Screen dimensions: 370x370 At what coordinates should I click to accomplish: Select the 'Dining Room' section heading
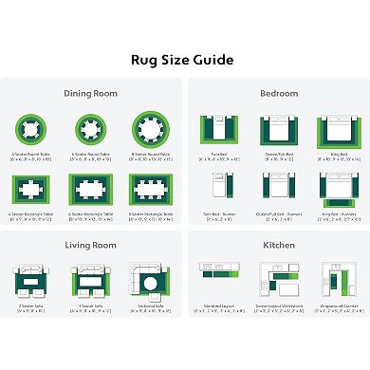(91, 93)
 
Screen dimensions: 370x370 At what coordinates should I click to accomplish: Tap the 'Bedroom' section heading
(279, 93)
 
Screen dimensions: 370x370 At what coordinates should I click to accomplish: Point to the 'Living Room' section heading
(91, 246)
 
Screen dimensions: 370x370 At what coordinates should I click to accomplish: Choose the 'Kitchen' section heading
(279, 246)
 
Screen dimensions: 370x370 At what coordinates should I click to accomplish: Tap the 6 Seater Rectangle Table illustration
(92, 188)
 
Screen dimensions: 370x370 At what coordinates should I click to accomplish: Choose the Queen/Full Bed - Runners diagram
(279, 189)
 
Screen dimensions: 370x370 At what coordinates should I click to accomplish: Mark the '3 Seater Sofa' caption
(92, 305)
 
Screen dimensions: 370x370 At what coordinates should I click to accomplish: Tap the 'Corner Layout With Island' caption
(279, 305)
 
